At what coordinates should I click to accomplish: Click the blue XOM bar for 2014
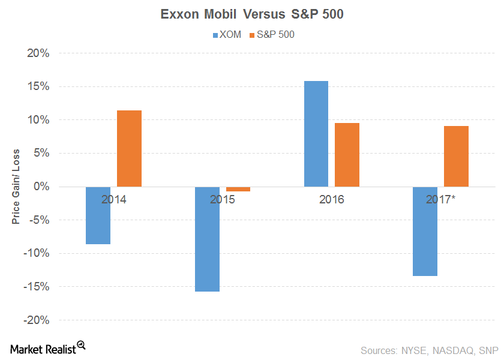pos(98,215)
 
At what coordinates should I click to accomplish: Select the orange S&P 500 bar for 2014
pos(129,149)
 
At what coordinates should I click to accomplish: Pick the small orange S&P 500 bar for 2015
pos(238,189)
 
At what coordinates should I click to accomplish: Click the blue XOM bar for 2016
pos(316,134)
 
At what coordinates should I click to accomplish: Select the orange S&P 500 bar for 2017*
pos(456,156)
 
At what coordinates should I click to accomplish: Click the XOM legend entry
pos(227,35)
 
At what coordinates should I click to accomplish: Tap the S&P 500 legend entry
pos(271,35)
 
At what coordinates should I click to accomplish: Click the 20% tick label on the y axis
pos(37,53)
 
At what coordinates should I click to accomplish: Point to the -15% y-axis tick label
pos(35,287)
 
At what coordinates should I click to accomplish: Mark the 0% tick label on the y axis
pos(40,187)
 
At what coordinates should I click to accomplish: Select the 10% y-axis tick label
pos(37,120)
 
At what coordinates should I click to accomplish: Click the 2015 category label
pos(223,199)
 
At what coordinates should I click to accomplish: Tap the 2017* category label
pos(441,199)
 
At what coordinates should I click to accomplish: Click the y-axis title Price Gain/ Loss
pos(16,187)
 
